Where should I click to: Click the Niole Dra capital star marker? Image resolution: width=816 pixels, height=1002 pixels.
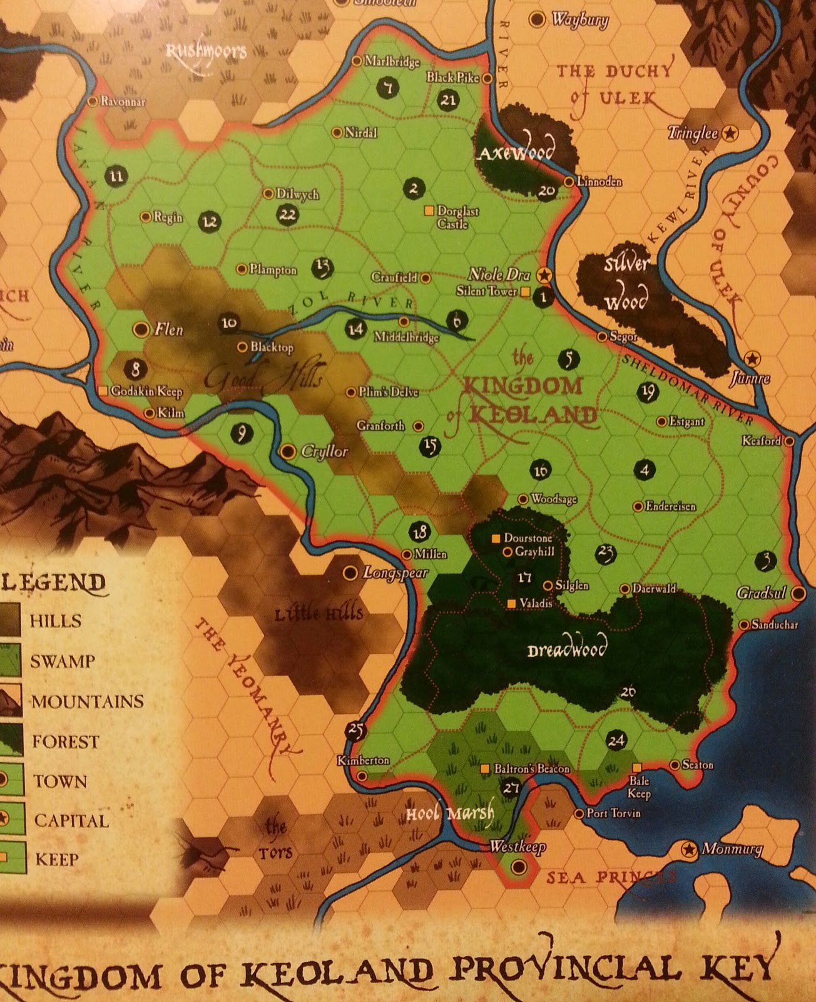(x=544, y=274)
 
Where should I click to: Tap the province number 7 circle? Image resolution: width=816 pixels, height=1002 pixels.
(x=389, y=88)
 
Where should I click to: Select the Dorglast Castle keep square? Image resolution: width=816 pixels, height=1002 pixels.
(x=429, y=211)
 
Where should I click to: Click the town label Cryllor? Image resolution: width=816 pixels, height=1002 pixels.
(x=324, y=452)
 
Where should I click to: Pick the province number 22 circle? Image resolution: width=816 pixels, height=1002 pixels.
(x=287, y=215)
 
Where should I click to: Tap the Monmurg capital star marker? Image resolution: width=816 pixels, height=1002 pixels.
(x=689, y=849)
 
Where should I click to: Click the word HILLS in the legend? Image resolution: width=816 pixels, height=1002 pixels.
(x=56, y=621)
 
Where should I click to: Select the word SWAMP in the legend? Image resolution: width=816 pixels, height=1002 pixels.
(x=63, y=661)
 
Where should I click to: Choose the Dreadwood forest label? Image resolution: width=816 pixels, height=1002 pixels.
(x=567, y=649)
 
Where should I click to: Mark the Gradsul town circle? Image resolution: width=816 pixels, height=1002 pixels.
(x=798, y=593)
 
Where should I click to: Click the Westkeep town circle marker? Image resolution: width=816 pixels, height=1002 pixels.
(x=518, y=867)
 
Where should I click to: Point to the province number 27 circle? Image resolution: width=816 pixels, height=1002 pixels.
(x=511, y=788)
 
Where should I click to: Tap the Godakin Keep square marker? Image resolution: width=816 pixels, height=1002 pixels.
(x=103, y=391)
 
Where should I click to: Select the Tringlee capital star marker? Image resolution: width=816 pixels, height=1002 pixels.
(x=730, y=133)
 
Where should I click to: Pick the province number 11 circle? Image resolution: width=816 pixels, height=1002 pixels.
(x=116, y=176)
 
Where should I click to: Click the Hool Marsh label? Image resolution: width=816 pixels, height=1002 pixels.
(x=450, y=813)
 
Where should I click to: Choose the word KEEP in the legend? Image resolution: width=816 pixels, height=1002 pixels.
(x=57, y=859)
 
